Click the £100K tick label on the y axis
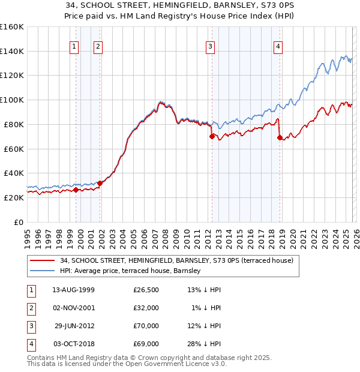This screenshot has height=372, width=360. [12, 100]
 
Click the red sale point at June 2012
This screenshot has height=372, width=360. [212, 136]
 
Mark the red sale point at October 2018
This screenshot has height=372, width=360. [280, 137]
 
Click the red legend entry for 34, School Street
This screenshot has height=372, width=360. [176, 261]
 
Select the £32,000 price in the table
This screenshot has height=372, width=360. [146, 308]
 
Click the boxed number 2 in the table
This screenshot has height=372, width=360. [30, 308]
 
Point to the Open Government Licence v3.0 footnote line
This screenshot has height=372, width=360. [127, 364]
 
